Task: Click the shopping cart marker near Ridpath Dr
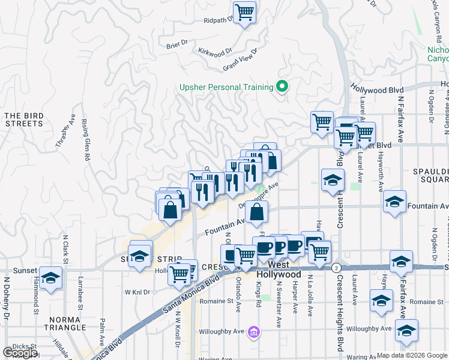pos(244,12)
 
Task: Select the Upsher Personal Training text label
pos(226,88)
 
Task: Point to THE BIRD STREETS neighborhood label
pos(23,119)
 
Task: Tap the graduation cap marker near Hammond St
pos(51,278)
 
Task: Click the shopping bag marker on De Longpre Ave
pos(256,212)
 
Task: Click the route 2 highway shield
pos(337,267)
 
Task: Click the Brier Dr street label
pos(177,43)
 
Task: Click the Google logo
pos(20,353)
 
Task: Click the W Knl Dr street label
pos(136,292)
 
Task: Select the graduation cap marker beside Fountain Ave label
pos(394,202)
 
